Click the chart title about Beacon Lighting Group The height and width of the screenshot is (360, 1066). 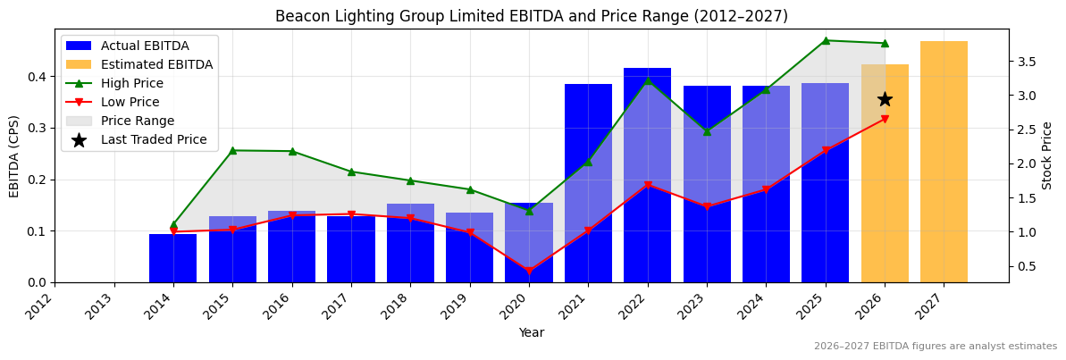tap(531, 16)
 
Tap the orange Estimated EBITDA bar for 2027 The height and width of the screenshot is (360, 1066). tap(944, 162)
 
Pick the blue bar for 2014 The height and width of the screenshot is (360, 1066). tap(172, 258)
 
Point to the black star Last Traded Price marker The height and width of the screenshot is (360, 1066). tap(885, 99)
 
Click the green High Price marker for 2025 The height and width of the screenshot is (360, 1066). tap(825, 40)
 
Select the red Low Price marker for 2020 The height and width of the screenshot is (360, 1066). tap(528, 272)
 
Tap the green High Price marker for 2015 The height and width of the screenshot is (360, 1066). tap(232, 150)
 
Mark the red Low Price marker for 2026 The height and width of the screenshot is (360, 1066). tap(885, 119)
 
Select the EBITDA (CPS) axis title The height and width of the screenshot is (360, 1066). tap(14, 155)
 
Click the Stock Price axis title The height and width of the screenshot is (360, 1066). tap(1047, 155)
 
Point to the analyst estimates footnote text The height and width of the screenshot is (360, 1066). tap(935, 347)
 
